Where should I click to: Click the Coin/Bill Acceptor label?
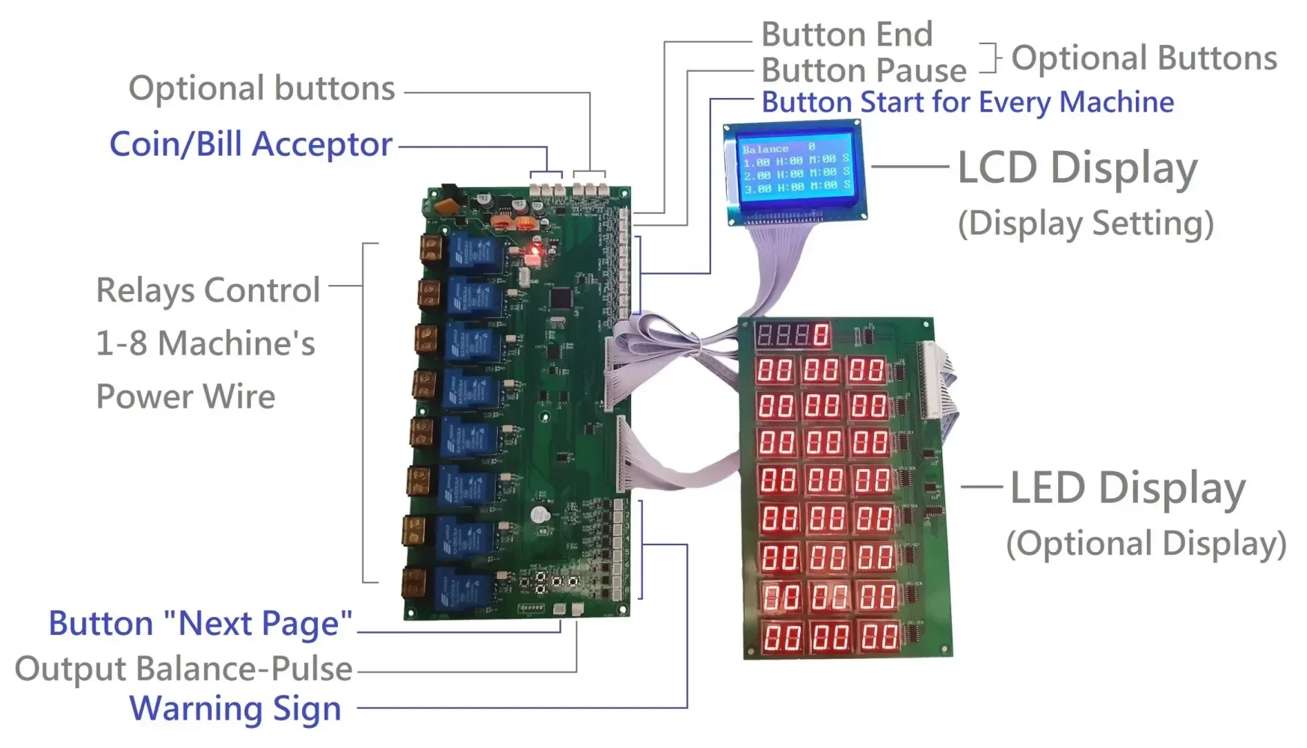[250, 144]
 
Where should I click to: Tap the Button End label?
[846, 34]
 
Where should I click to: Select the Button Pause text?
[864, 70]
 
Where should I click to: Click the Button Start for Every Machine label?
[968, 102]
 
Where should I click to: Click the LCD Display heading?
[1077, 168]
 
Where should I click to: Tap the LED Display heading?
[1128, 488]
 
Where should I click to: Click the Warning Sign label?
[235, 708]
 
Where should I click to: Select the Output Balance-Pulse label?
[184, 669]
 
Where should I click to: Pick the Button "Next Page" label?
[200, 623]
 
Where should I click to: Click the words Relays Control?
[208, 290]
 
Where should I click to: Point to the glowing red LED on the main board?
[535, 251]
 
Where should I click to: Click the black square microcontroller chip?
[561, 298]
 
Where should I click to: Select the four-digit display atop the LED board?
[793, 334]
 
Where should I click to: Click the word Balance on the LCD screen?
[765, 149]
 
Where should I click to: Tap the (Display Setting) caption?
[1086, 224]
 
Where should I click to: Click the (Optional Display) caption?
[1145, 544]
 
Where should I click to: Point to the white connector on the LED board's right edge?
[932, 379]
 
